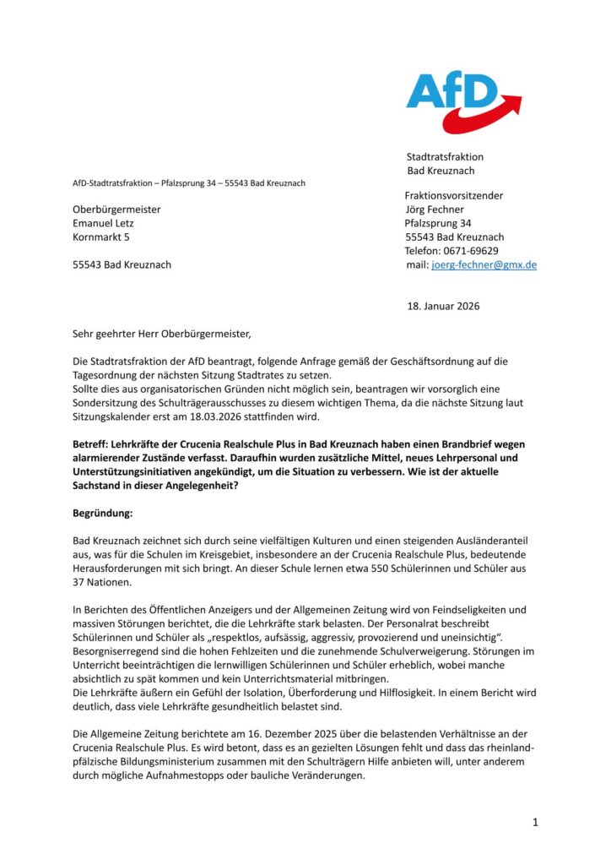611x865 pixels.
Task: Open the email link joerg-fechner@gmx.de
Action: [x=484, y=264]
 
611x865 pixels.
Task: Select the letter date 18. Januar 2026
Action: [x=444, y=306]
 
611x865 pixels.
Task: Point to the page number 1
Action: [x=535, y=822]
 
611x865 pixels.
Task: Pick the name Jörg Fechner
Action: [x=435, y=209]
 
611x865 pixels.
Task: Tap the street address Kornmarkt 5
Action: [x=101, y=237]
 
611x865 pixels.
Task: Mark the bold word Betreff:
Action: [x=91, y=444]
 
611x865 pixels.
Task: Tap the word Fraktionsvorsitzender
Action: [x=454, y=196]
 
